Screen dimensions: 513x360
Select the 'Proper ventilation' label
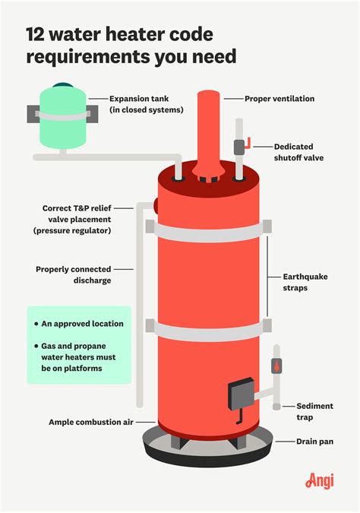279,99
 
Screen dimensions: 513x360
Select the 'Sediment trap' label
314,411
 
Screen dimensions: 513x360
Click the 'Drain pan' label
314,441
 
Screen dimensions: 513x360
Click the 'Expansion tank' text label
146,104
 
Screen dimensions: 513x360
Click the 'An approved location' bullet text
83,324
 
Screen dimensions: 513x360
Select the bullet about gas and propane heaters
83,356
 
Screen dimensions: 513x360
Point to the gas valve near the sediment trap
276,366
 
